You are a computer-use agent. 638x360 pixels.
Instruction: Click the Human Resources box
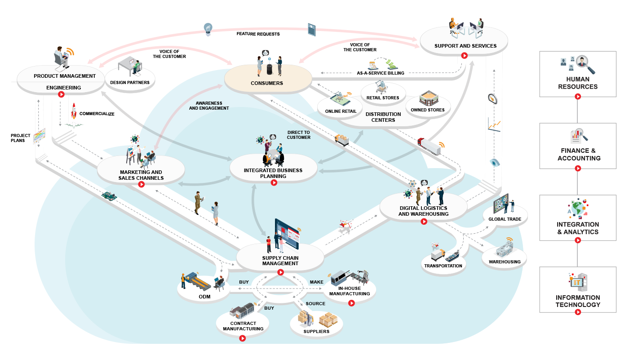pos(578,74)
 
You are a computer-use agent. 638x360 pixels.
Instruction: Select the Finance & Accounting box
pos(578,147)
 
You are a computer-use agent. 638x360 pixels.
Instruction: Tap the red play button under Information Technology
pos(578,312)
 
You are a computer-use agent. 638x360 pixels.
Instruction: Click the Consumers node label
pos(267,83)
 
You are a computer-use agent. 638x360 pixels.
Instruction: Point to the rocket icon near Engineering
pos(74,112)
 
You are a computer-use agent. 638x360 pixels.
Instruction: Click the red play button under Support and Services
pos(465,56)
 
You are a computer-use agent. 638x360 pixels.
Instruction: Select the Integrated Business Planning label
pos(273,173)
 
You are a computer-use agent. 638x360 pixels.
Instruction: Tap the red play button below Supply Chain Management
pos(280,272)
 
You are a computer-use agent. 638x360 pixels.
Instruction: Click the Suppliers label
pos(316,332)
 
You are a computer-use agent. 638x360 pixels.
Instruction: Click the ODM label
pos(204,297)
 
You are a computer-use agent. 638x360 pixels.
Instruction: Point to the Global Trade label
pos(505,219)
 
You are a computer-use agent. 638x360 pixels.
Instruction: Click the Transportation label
pos(443,266)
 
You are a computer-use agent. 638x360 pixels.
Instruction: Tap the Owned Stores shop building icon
pos(428,98)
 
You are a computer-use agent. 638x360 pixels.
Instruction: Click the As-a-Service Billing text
pos(380,73)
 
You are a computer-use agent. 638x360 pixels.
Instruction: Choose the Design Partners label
pos(130,83)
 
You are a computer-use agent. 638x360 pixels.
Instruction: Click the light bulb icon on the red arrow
pos(208,29)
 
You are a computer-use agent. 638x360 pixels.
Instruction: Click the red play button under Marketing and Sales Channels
pos(141,184)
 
